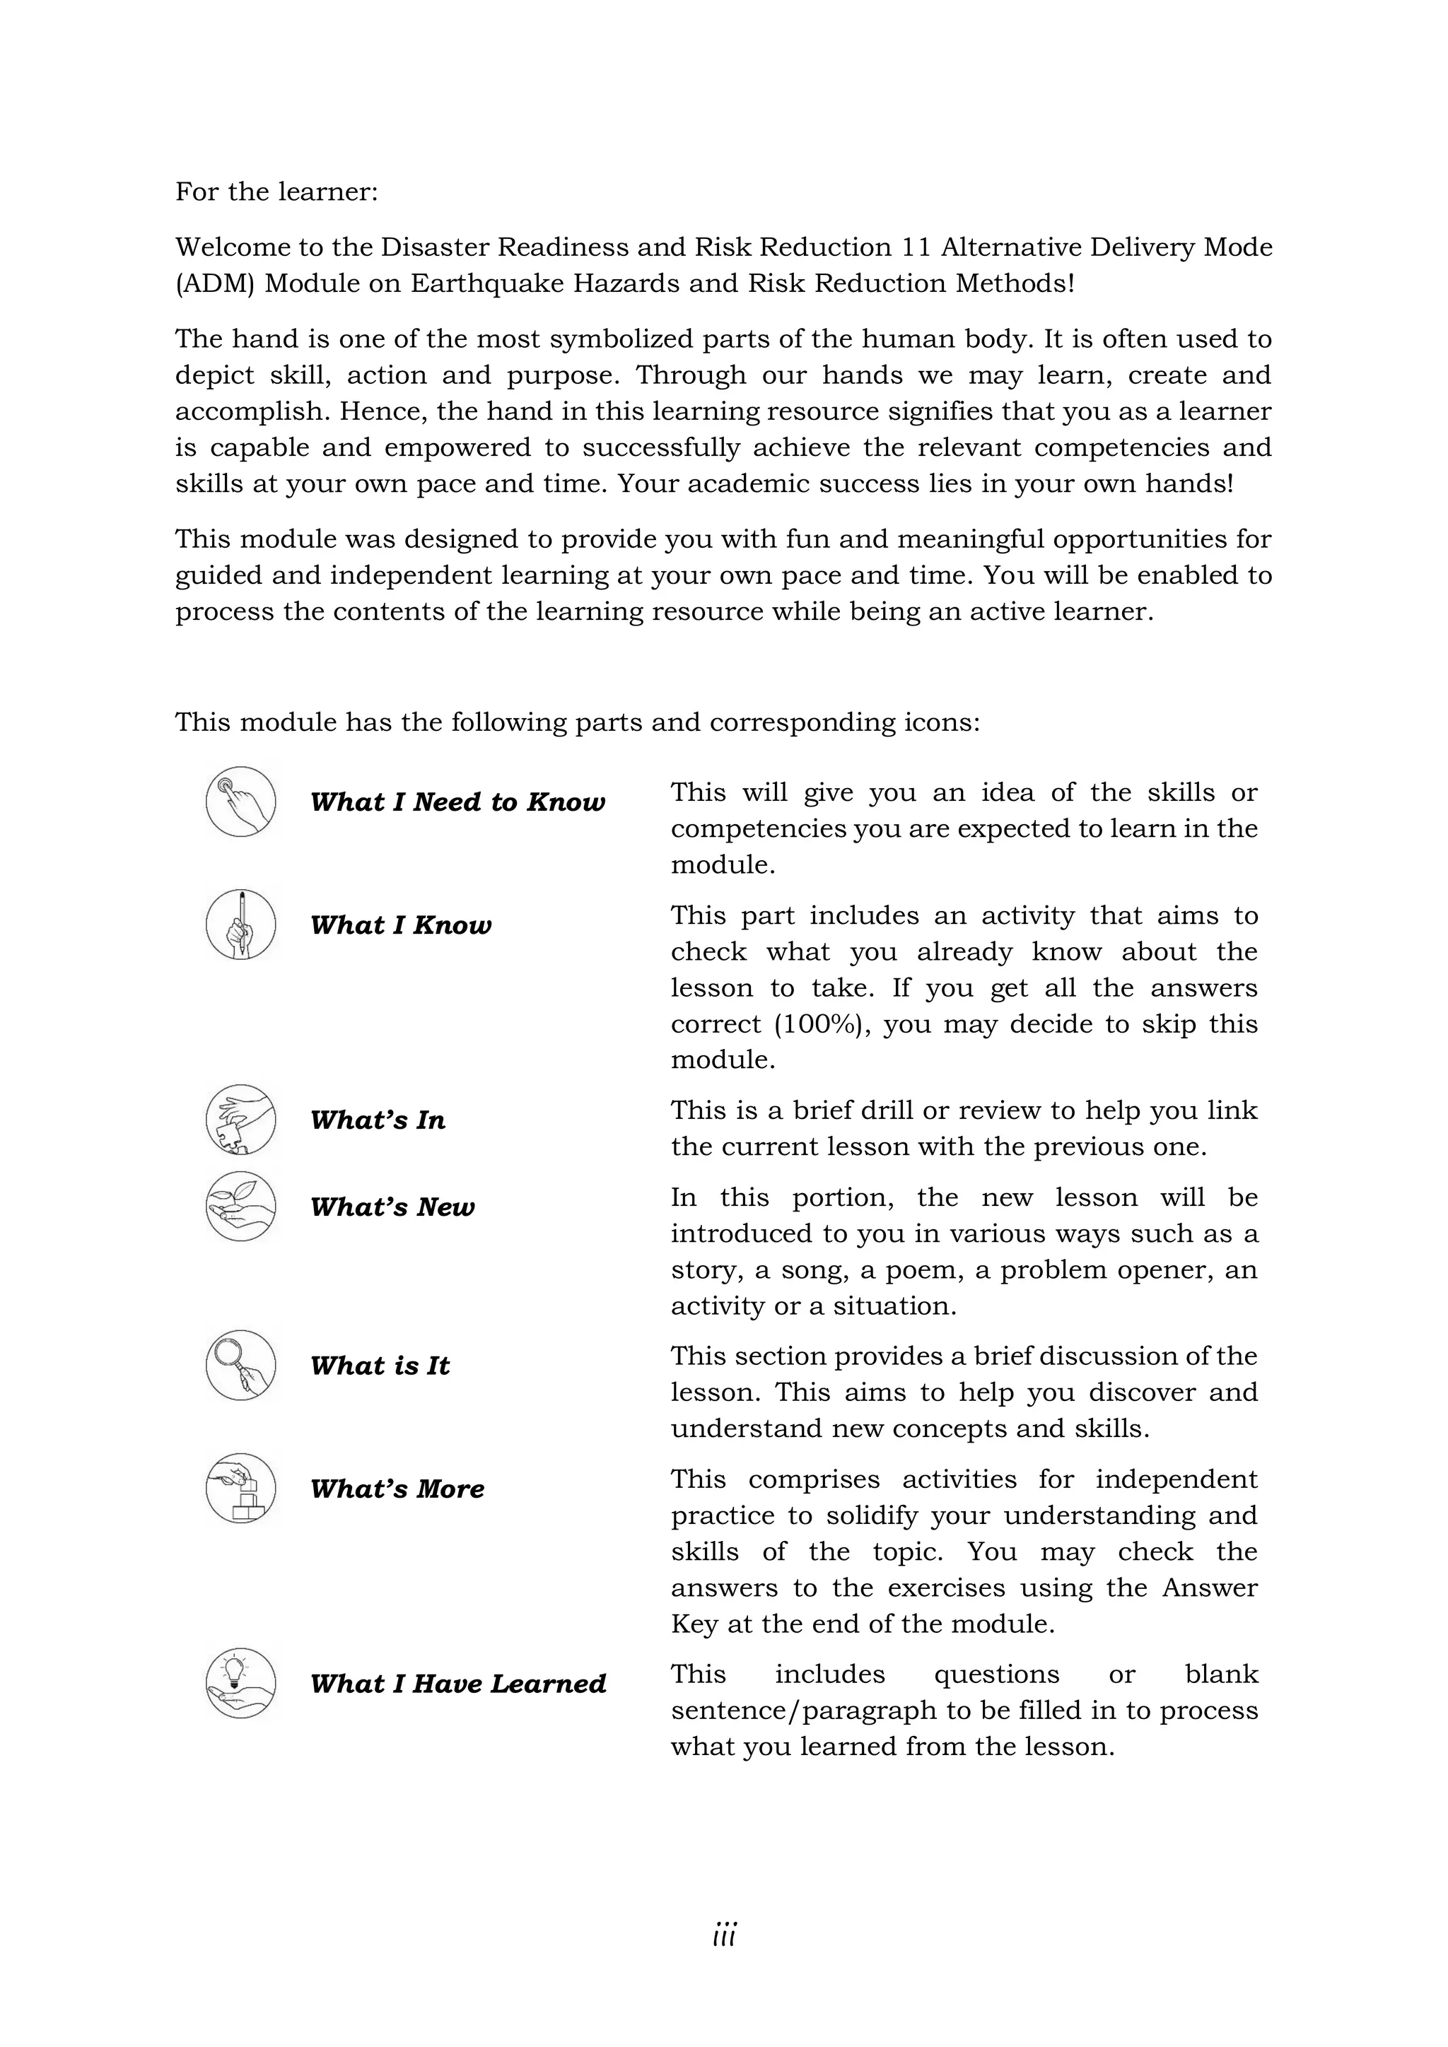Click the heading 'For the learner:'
[x=276, y=192]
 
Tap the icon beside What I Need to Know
[x=240, y=801]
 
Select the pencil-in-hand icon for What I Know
[x=240, y=924]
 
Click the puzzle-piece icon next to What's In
[x=240, y=1119]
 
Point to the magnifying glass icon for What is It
[x=240, y=1364]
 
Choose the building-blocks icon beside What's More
[x=240, y=1487]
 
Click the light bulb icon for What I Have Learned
[x=240, y=1682]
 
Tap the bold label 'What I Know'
[x=400, y=925]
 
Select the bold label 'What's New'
[x=392, y=1207]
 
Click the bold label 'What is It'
[x=380, y=1365]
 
